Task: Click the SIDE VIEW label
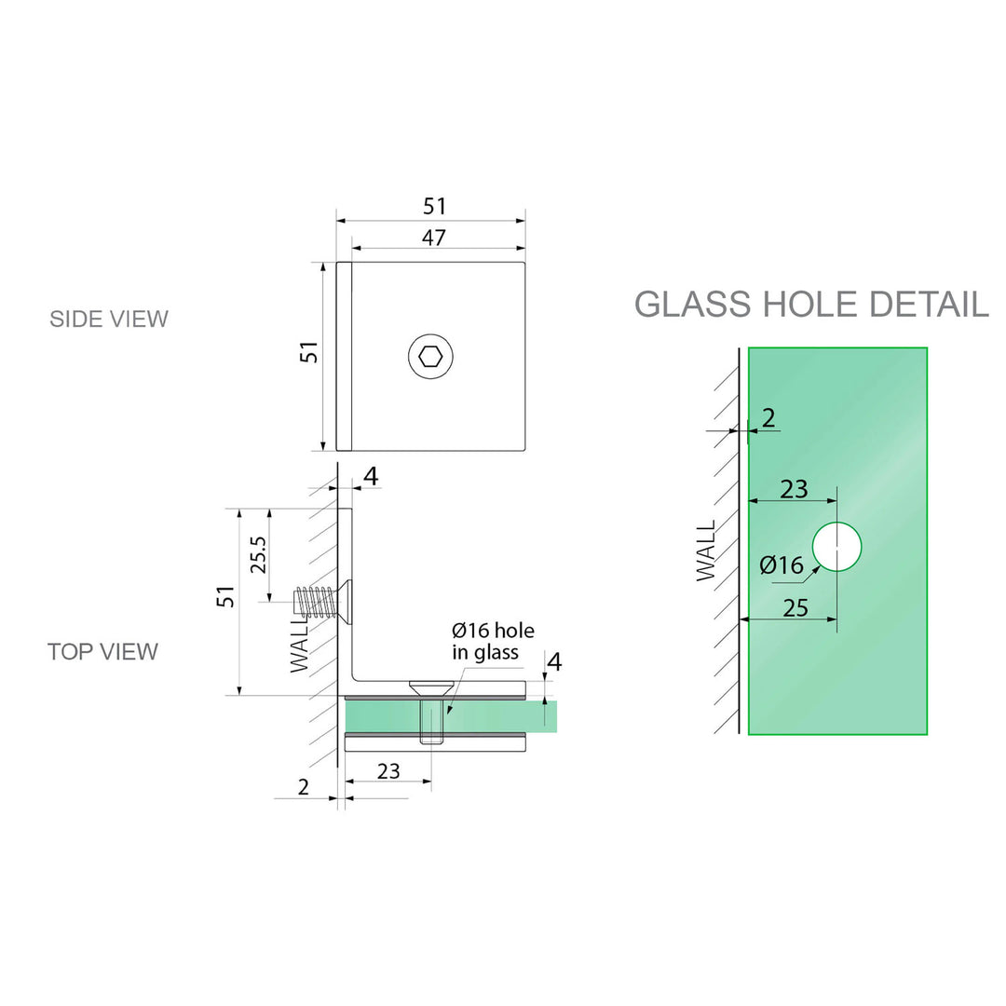tap(109, 319)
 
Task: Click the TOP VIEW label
tap(102, 651)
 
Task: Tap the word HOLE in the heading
tap(812, 305)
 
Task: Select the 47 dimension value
tap(433, 238)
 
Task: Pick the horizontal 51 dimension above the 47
tap(435, 207)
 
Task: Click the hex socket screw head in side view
tap(430, 356)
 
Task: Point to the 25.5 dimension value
tap(258, 554)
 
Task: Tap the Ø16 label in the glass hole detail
tap(781, 565)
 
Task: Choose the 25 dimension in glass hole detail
tap(795, 608)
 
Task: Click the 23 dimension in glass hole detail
tap(794, 489)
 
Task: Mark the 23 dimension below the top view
tap(388, 771)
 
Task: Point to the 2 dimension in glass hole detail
tap(768, 418)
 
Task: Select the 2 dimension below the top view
tap(303, 787)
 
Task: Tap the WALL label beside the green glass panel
tap(708, 551)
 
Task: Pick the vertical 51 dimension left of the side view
tap(309, 352)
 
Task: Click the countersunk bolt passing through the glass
tap(430, 713)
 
